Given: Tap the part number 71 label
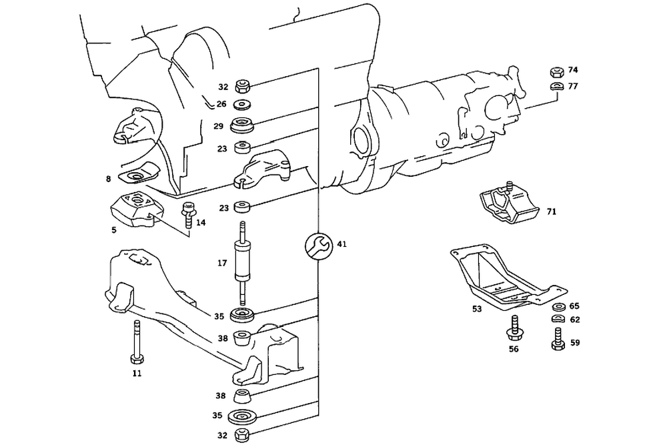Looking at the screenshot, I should coord(551,212).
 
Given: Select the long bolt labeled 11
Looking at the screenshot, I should coord(137,342).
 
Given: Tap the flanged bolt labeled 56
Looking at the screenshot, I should coord(515,327).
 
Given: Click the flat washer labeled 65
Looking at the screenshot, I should coord(558,307).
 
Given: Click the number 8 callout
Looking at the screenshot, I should coord(107,179).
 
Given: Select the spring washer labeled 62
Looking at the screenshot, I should coord(558,320).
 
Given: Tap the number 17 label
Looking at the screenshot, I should coord(222,263).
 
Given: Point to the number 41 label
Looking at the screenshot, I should coord(342,245).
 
